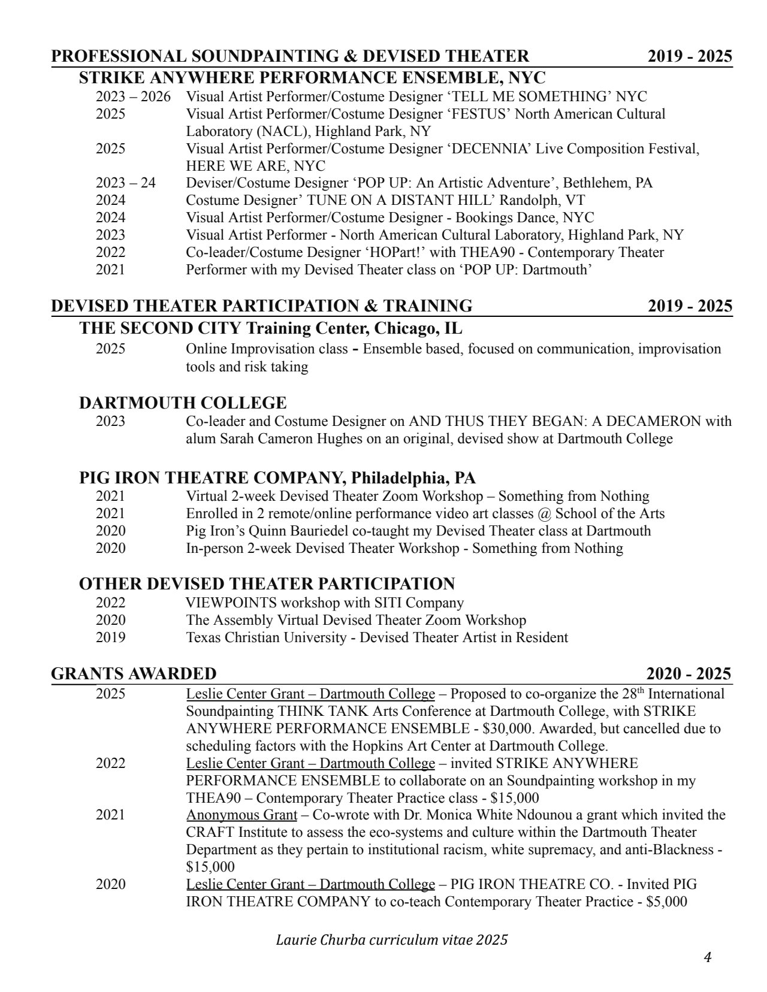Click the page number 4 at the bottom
(707, 957)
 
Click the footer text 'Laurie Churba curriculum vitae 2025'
(391, 939)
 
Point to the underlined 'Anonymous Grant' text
(241, 815)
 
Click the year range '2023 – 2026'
(133, 96)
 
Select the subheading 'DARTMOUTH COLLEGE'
(183, 403)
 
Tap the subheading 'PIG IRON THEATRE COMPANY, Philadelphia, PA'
(277, 478)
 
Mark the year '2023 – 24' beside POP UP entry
(125, 183)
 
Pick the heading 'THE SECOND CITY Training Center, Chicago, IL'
(271, 329)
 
